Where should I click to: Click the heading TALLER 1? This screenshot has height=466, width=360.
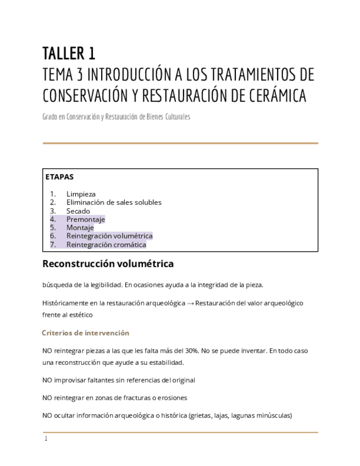pyautogui.click(x=69, y=54)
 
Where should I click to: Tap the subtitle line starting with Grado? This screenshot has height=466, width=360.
pyautogui.click(x=116, y=117)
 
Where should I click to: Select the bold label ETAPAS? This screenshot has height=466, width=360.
pyautogui.click(x=59, y=177)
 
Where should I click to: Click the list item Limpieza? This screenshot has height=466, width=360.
pyautogui.click(x=81, y=194)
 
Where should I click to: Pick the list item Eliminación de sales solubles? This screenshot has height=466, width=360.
pyautogui.click(x=114, y=202)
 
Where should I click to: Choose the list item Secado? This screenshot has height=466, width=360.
pyautogui.click(x=78, y=211)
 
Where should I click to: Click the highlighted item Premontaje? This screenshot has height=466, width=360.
pyautogui.click(x=86, y=219)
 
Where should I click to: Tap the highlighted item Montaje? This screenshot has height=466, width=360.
pyautogui.click(x=80, y=228)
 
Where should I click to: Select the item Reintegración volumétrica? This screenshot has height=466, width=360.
pyautogui.click(x=109, y=236)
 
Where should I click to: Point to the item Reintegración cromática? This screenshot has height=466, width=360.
pyautogui.click(x=106, y=245)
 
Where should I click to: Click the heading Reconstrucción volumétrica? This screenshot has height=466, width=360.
pyautogui.click(x=108, y=264)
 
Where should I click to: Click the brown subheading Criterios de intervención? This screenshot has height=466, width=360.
pyautogui.click(x=85, y=333)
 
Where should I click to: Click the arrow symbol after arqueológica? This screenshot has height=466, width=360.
pyautogui.click(x=190, y=303)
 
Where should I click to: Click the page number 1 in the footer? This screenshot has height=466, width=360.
pyautogui.click(x=46, y=439)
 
